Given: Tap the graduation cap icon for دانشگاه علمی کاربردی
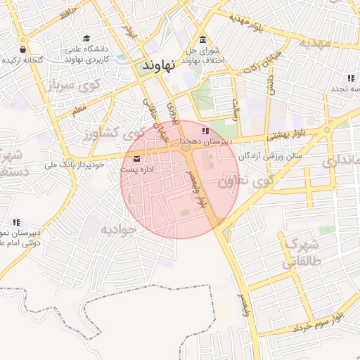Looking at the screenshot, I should point(86,39).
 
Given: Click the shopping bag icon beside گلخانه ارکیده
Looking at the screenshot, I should point(23,50).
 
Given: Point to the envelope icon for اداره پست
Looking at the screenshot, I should point(136,158).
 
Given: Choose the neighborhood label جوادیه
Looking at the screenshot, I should point(116,229).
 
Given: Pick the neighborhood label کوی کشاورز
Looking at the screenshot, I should point(110,133).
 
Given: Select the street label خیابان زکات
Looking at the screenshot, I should point(264,63).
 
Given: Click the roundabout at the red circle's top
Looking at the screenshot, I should point(185,148).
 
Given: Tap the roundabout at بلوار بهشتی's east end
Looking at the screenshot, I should point(327,130).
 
